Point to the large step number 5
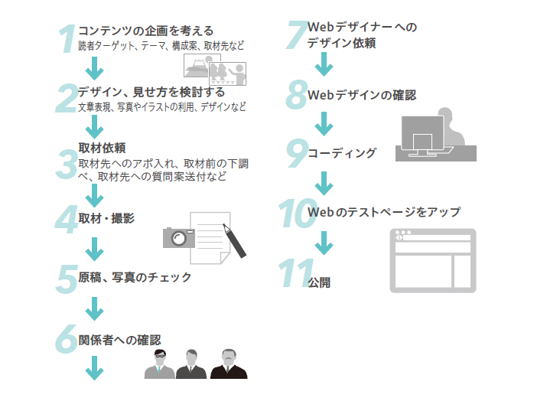[67, 279]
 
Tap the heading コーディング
[342, 153]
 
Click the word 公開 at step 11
[319, 282]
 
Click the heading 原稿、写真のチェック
[135, 277]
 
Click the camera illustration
[177, 237]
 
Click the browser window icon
[432, 260]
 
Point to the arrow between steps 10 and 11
[324, 243]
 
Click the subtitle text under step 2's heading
[162, 107]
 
